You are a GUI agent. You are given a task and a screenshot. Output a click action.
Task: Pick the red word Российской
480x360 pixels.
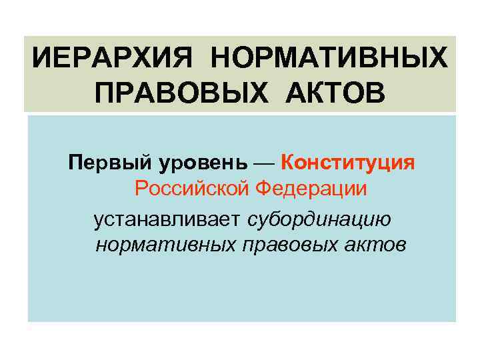point(192,189)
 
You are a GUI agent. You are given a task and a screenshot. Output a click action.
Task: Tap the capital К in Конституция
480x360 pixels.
point(289,163)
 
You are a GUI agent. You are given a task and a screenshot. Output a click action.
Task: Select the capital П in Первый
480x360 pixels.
point(75,163)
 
